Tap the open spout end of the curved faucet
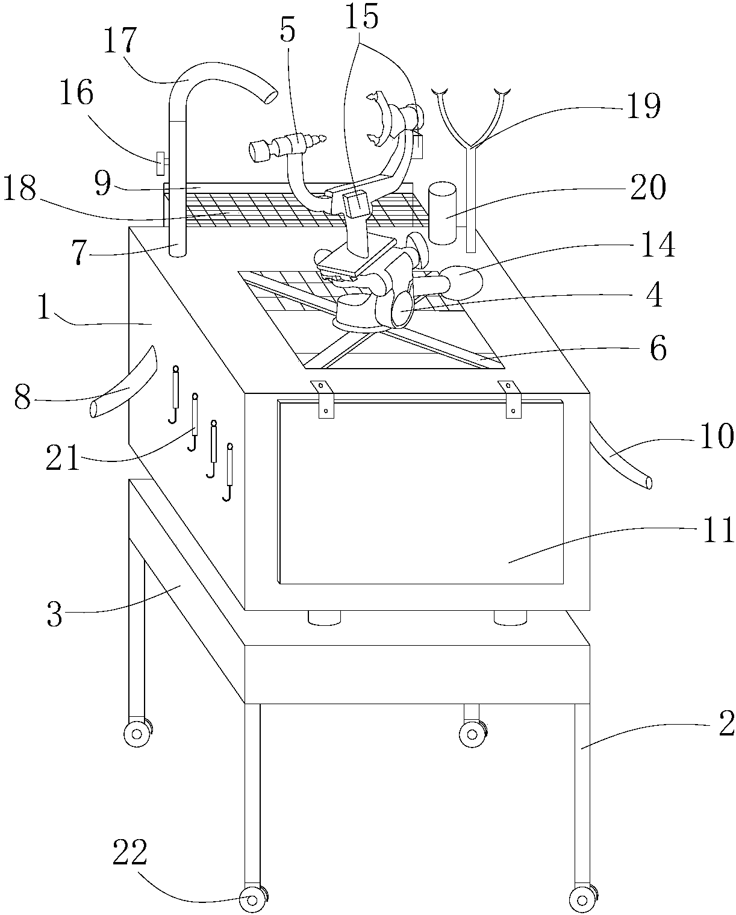click(271, 96)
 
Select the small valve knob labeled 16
click(161, 163)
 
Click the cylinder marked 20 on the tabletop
click(443, 214)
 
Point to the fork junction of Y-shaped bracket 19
click(470, 146)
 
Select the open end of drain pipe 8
click(95, 410)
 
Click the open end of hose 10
click(649, 483)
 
